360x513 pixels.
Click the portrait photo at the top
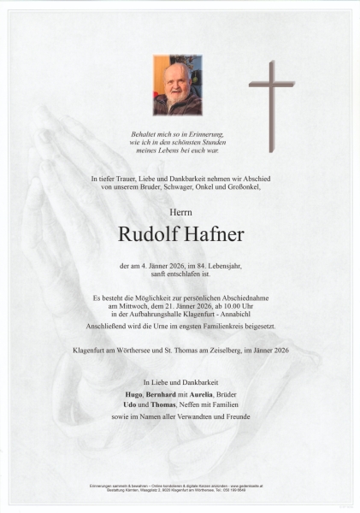click(177, 85)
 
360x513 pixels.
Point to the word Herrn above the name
click(180, 209)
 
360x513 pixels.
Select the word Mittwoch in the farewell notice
click(130, 305)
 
